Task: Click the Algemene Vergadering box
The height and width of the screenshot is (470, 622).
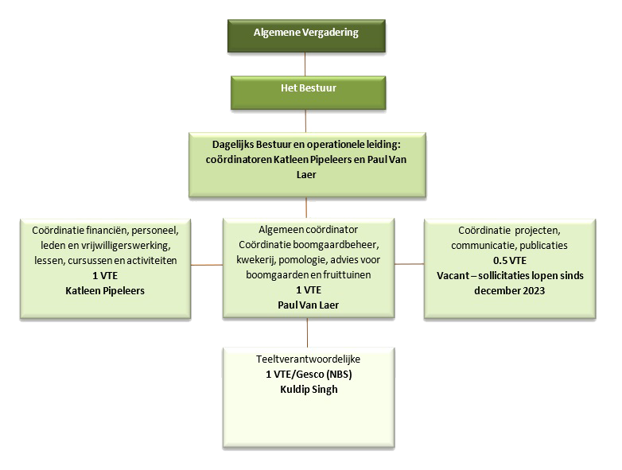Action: tap(305, 33)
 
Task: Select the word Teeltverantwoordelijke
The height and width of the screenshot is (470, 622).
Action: tap(306, 359)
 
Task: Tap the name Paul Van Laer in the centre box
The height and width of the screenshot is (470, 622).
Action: tap(306, 303)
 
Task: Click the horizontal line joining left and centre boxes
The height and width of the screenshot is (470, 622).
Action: tap(205, 262)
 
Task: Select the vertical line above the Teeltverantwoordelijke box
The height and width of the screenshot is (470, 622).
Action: tap(306, 332)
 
